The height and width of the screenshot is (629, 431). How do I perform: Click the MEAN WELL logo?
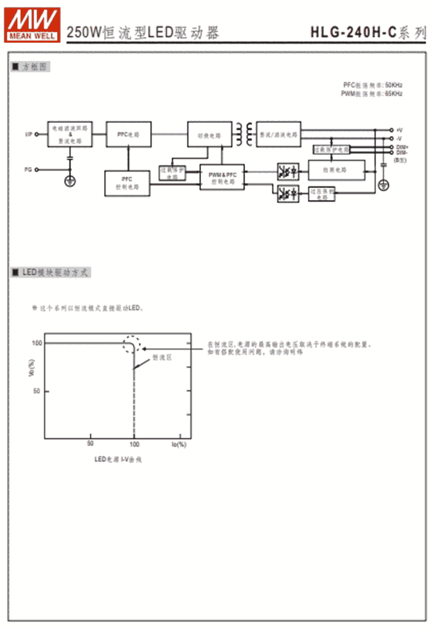pos(33,24)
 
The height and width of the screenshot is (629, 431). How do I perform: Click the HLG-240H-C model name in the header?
pos(353,33)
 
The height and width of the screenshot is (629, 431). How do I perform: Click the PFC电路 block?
pos(129,134)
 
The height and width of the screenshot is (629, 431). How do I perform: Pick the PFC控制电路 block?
pos(127,183)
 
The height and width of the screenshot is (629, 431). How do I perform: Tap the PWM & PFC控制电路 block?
pos(222,177)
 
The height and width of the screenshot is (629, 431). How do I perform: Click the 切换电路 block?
pos(209,136)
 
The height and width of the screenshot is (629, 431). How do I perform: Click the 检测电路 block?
pos(336,170)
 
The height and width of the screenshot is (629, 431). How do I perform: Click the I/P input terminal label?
pos(28,134)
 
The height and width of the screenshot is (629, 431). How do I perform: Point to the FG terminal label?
pos(28,169)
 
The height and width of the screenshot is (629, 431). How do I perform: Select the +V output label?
pos(399,130)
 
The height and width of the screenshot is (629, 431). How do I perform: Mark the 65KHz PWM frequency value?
pos(394,93)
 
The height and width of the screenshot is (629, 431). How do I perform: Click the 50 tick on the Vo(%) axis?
pos(37,391)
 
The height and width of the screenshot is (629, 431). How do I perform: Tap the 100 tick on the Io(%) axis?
pos(134,444)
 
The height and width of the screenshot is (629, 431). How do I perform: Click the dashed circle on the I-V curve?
pos(132,344)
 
